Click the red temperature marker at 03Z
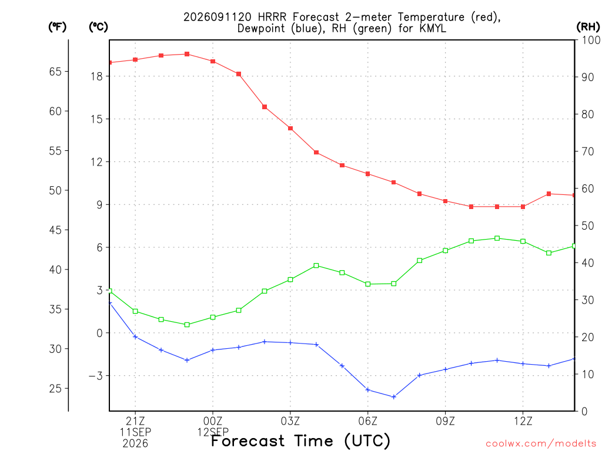[290, 129]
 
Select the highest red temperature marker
[187, 54]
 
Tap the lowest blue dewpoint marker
[393, 397]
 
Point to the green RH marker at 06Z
[368, 284]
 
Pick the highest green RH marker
[497, 238]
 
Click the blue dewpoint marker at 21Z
[135, 336]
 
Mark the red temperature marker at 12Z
[523, 207]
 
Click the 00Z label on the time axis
[213, 421]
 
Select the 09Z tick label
[446, 421]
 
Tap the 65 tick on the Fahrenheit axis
[55, 72]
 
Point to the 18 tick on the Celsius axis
[97, 76]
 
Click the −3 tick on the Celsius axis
[96, 376]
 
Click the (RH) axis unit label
[588, 27]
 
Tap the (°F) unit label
[57, 27]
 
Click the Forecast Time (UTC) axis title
[300, 441]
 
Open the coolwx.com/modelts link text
[541, 444]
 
